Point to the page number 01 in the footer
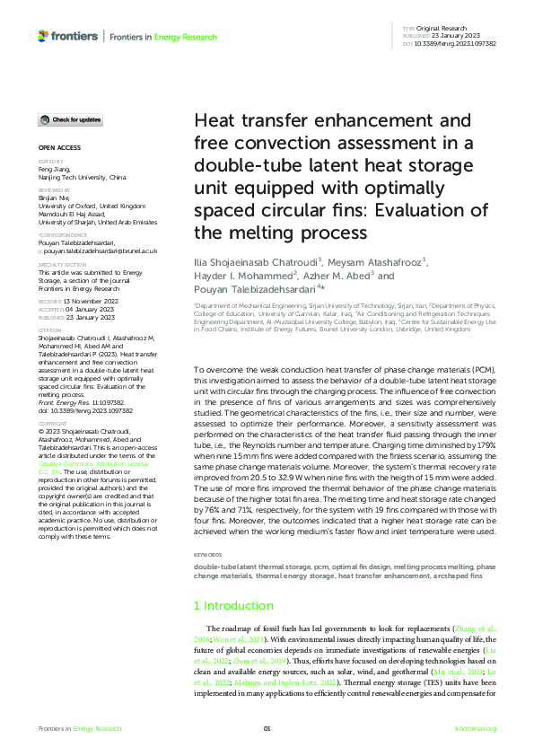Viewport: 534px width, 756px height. (267, 728)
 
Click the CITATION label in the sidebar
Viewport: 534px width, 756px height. (49, 330)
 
